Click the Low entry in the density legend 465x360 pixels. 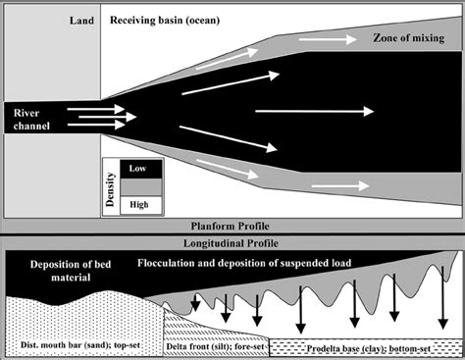pos(138,169)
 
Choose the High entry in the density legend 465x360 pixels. pos(138,204)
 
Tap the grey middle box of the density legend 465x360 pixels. pos(138,186)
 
